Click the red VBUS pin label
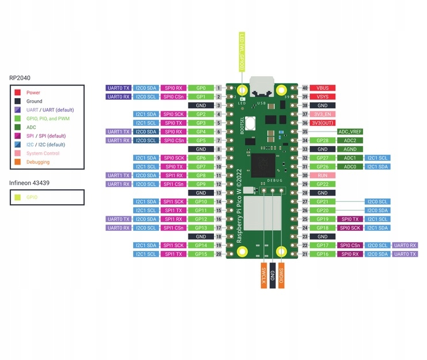click(x=323, y=88)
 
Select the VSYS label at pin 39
click(x=323, y=96)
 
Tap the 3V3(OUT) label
click(x=323, y=123)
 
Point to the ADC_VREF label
click(x=350, y=132)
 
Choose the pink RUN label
click(x=323, y=175)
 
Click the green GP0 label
click(x=201, y=88)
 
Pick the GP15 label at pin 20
click(x=201, y=254)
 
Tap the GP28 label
click(x=323, y=140)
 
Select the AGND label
click(x=350, y=149)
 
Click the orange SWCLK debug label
click(x=263, y=275)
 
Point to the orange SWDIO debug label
click(x=281, y=275)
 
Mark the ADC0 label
click(x=350, y=166)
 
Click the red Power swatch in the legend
click(x=18, y=92)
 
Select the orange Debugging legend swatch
click(x=18, y=162)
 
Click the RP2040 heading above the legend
click(x=20, y=77)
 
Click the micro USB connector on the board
click(x=263, y=88)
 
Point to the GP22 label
click(x=323, y=183)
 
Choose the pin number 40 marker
click(x=305, y=88)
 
